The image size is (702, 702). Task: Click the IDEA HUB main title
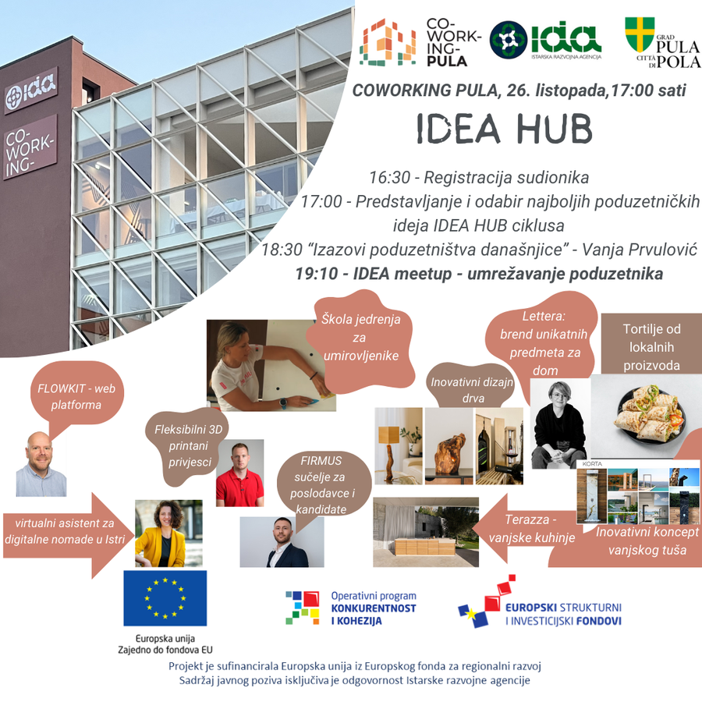point(505,128)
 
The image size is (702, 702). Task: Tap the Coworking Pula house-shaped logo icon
point(388,43)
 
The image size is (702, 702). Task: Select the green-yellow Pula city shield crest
point(640,35)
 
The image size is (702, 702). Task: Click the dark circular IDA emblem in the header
point(508,40)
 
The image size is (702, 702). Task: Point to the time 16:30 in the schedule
point(389,177)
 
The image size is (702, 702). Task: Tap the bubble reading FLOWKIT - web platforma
point(76,397)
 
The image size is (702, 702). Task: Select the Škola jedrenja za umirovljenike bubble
point(360,339)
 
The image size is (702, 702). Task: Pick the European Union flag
point(165,597)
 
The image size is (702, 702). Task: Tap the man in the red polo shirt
point(240,474)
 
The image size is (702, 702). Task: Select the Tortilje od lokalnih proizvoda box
point(651,344)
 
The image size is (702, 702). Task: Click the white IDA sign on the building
point(30,91)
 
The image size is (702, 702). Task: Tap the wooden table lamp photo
point(398,446)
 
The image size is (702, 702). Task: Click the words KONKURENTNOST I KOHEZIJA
point(374,615)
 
